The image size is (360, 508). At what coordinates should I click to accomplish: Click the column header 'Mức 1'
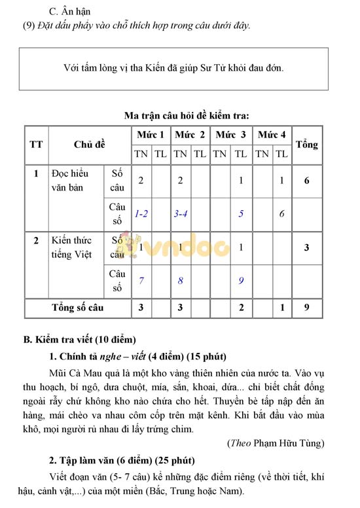click(150, 134)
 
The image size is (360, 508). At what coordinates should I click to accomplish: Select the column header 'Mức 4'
click(272, 134)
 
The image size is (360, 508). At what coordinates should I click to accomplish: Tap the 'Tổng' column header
click(306, 144)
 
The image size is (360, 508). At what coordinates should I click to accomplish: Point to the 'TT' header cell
click(36, 144)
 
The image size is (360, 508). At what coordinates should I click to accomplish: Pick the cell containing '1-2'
click(141, 213)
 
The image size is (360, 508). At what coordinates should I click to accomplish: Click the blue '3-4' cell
click(181, 213)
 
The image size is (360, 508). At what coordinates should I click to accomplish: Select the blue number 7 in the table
click(141, 281)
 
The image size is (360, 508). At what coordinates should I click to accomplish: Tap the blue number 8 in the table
click(181, 281)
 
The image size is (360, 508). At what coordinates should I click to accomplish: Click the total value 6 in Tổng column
click(306, 180)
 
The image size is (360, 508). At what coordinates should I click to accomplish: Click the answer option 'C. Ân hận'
click(70, 12)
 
